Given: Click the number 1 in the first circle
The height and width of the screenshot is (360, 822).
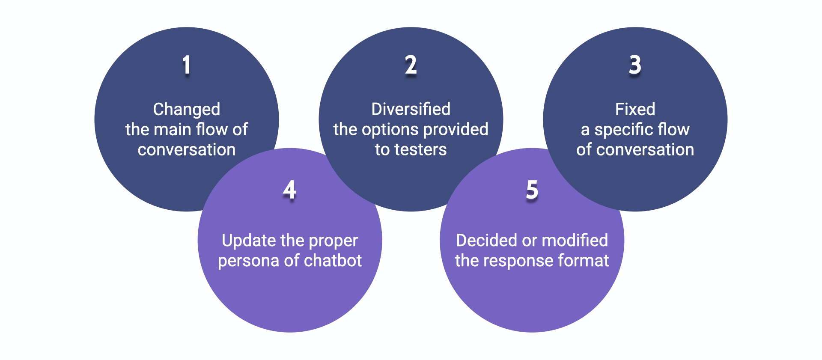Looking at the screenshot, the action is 187,65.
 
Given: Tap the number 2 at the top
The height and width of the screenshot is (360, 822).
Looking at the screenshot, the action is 411,65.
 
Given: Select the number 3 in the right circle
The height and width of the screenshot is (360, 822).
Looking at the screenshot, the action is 635,65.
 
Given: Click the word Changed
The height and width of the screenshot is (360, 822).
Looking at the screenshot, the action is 187,110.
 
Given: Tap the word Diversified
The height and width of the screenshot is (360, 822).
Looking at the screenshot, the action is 411,109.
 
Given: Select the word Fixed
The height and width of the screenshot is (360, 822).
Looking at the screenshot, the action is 635,109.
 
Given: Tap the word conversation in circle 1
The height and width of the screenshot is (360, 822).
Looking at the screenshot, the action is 187,150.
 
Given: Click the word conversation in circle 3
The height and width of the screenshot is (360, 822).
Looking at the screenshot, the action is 645,150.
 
